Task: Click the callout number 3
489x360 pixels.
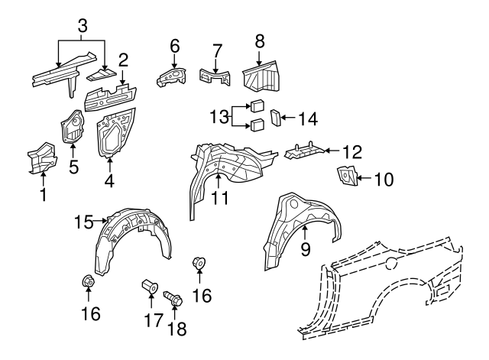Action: [x=83, y=26]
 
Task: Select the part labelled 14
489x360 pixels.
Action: [x=276, y=118]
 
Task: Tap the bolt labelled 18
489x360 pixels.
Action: [x=173, y=298]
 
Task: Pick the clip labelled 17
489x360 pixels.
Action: [x=150, y=286]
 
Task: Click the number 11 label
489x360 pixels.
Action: [x=220, y=198]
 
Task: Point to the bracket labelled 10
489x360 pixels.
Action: [x=346, y=177]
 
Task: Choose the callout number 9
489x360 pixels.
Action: [x=306, y=249]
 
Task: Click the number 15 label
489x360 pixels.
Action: [x=83, y=222]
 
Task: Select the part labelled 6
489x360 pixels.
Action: [x=171, y=77]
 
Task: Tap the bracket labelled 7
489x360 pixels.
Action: [x=215, y=77]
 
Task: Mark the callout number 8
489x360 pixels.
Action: [x=260, y=41]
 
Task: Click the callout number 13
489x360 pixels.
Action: [x=219, y=117]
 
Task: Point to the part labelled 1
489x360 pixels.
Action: [x=42, y=158]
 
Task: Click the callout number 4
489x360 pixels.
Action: [x=109, y=181]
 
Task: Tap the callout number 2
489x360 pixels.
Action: [x=123, y=60]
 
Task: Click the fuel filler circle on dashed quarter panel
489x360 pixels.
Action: [x=392, y=263]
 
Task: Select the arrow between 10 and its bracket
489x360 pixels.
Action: [x=364, y=178]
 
